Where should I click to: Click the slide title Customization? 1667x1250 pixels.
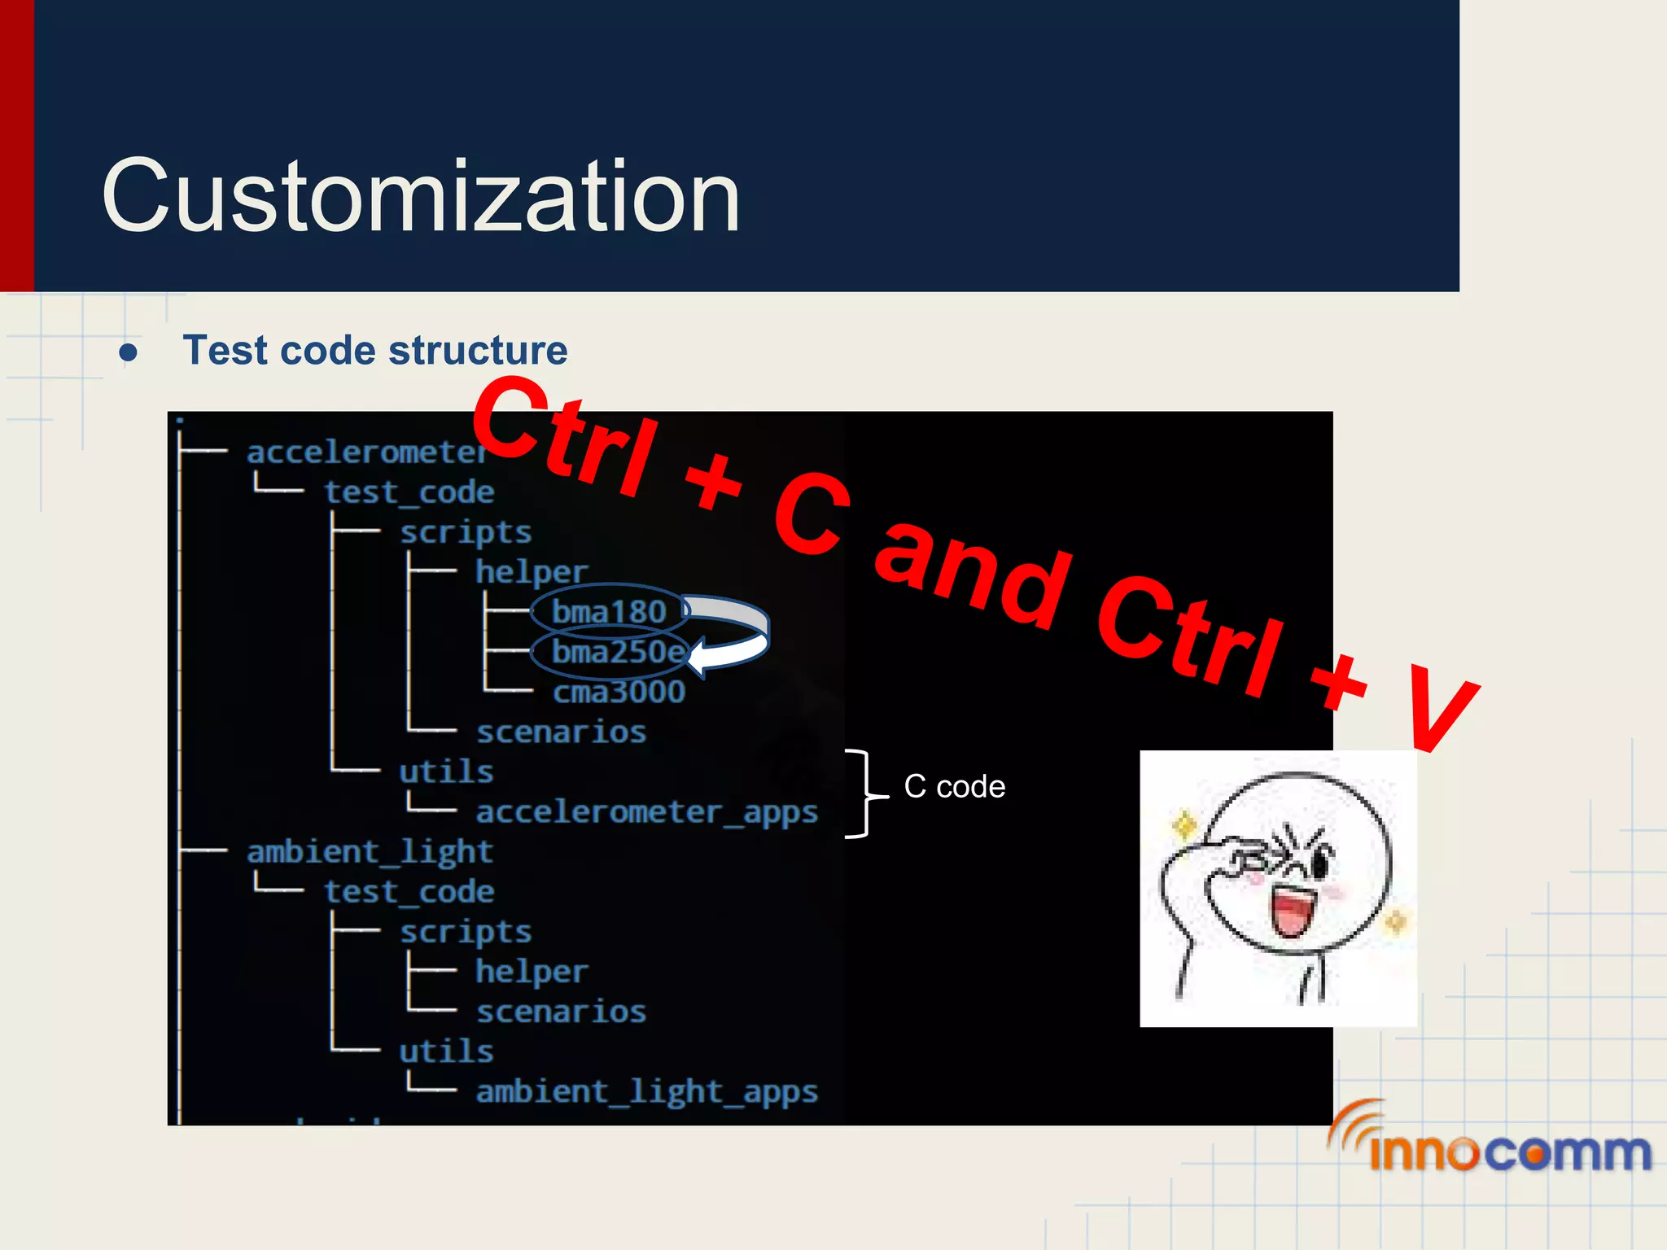[x=420, y=197]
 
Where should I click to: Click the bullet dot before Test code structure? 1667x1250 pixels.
[x=128, y=352]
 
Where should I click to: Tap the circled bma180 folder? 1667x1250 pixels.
[x=609, y=612]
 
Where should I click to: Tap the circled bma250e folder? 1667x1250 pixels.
[x=617, y=652]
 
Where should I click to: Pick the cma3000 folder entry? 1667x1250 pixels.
[x=619, y=693]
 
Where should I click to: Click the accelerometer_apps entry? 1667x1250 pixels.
[x=646, y=812]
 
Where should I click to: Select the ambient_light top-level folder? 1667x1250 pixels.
[x=370, y=852]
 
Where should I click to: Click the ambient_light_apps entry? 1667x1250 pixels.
[x=646, y=1091]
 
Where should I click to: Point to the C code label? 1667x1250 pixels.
[x=954, y=787]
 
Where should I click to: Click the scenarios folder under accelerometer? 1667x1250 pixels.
[x=561, y=732]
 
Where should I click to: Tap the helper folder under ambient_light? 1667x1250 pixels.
[x=531, y=972]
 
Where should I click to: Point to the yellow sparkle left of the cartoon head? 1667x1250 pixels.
[x=1184, y=827]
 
